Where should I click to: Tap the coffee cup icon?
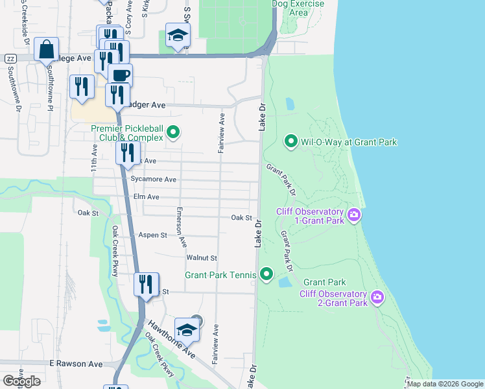(120, 75)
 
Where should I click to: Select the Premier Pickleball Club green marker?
(173, 132)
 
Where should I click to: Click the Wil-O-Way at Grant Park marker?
(291, 141)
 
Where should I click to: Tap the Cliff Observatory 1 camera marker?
(354, 215)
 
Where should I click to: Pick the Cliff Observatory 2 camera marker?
(377, 298)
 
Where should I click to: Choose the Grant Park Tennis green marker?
(266, 275)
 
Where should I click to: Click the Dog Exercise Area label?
(289, 8)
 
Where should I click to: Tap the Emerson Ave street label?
(182, 228)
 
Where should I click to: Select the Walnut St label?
(201, 258)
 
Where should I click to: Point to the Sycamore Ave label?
(153, 180)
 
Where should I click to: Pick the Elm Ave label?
(146, 196)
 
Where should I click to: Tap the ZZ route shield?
(10, 58)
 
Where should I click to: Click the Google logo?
(21, 381)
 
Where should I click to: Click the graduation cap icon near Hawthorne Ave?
(187, 330)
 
